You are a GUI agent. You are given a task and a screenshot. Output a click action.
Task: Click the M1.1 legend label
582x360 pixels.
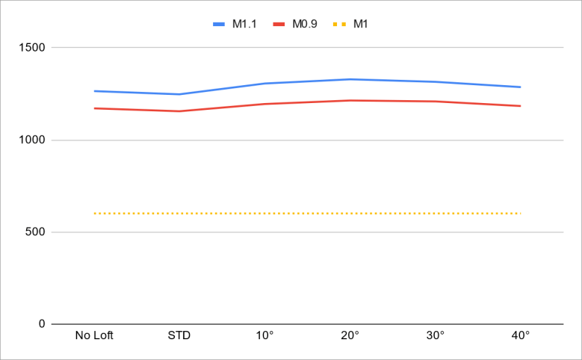coord(245,24)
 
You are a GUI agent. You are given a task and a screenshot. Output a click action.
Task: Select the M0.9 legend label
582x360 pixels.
coord(304,24)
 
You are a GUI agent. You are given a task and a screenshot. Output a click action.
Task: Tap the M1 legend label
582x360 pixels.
coord(360,24)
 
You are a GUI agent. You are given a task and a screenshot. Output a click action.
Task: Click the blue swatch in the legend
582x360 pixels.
coord(219,24)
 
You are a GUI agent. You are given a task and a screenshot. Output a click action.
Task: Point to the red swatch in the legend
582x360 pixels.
coord(279,24)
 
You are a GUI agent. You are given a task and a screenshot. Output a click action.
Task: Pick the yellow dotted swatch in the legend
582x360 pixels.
coord(339,24)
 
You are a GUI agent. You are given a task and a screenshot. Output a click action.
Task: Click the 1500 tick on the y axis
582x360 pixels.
coord(31,48)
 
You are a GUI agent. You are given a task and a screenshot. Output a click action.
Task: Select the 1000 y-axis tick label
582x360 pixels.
coord(31,140)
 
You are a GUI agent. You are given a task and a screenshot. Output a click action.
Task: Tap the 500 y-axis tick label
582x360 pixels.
coord(35,232)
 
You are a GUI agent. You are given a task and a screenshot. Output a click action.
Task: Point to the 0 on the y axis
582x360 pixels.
coord(42,324)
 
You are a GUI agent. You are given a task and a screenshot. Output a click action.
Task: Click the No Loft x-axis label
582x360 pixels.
coord(94,335)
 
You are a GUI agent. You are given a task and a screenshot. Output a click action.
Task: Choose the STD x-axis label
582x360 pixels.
coord(179,335)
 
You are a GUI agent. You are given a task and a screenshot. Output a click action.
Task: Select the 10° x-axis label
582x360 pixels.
coord(264,335)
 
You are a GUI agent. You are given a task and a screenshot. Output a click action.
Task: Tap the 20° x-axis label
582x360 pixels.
coord(350,335)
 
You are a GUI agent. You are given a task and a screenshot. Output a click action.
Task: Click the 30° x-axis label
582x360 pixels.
coord(435,335)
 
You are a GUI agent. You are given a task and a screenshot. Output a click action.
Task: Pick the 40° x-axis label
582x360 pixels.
coord(520,335)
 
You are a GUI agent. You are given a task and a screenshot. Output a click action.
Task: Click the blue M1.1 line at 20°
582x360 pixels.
coord(350,79)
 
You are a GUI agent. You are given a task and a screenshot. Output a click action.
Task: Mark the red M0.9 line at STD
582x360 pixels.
coord(179,111)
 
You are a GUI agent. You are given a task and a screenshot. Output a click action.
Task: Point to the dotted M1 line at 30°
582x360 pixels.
coord(435,214)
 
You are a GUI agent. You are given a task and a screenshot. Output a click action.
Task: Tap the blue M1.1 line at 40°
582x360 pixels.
coord(520,87)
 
